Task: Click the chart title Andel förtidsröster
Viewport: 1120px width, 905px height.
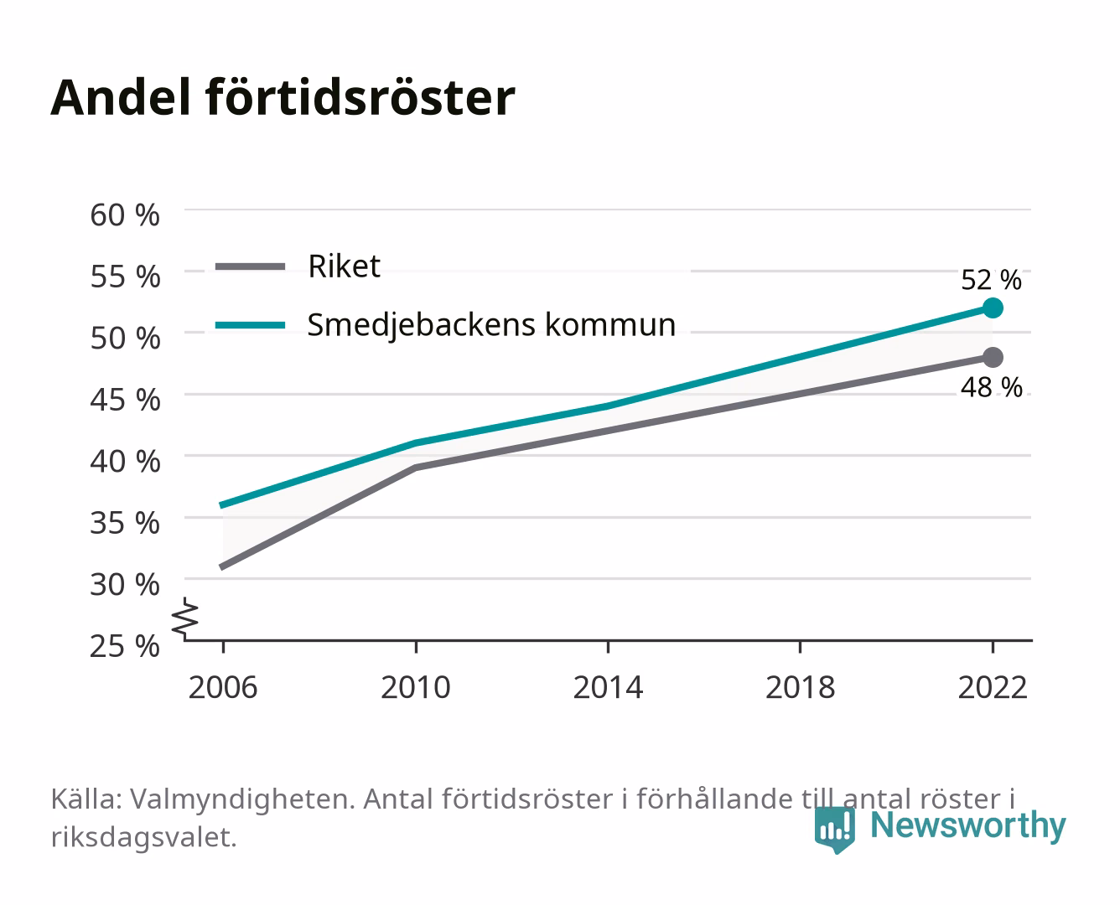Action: (x=283, y=98)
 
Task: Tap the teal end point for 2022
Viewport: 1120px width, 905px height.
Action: (x=993, y=308)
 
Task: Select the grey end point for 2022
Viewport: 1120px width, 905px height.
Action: (x=993, y=357)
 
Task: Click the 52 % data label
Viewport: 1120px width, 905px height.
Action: (x=991, y=280)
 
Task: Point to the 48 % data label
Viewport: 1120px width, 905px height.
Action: (x=992, y=388)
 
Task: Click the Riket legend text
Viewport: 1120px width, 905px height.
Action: (x=344, y=266)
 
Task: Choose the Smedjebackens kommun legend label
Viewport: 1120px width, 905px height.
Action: (x=491, y=325)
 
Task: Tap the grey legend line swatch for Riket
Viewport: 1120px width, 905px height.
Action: (x=251, y=267)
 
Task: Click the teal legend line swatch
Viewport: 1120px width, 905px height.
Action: (x=251, y=325)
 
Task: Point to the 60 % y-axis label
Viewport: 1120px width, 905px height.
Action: (x=125, y=215)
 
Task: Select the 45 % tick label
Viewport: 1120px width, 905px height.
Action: (x=125, y=401)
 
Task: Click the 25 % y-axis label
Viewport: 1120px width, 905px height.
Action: (x=125, y=646)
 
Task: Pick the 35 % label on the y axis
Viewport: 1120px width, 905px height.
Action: (x=125, y=524)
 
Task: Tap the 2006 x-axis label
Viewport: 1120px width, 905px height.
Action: (x=223, y=687)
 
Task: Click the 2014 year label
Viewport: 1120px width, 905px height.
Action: (x=608, y=687)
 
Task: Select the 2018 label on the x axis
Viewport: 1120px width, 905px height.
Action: (x=800, y=687)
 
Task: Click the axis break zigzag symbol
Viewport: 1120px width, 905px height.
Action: (x=185, y=618)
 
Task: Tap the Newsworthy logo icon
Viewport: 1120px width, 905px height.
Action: (x=834, y=830)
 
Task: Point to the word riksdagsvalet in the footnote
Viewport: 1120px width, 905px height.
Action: (x=143, y=837)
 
